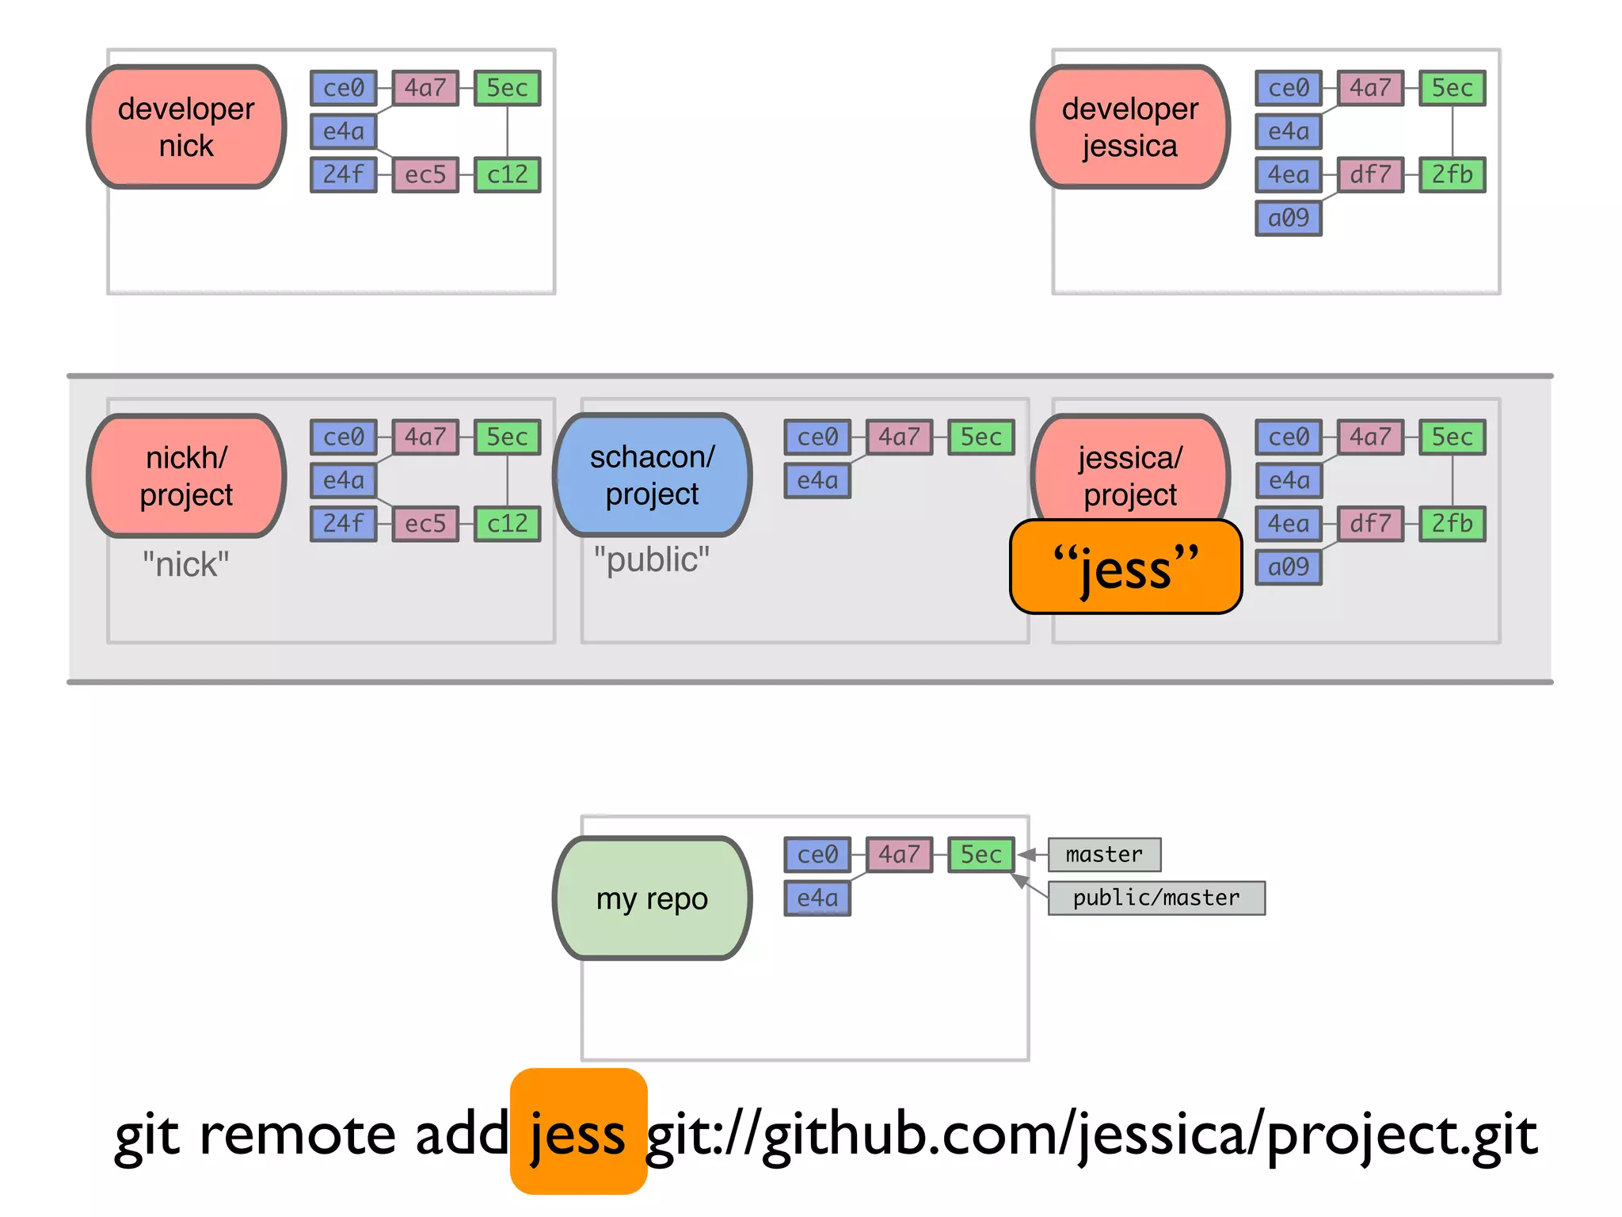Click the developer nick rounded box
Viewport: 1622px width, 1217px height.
[186, 127]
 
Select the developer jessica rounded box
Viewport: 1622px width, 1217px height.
[1130, 127]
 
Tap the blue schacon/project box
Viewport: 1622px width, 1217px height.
[652, 475]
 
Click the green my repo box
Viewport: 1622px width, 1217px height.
[652, 898]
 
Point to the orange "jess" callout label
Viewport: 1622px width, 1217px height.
[1125, 567]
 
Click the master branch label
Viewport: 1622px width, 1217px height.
[1104, 854]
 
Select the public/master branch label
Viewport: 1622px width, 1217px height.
[1156, 898]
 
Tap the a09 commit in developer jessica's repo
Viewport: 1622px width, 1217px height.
[1289, 218]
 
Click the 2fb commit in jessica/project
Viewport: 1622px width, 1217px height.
[1452, 524]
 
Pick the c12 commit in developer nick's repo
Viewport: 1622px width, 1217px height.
[507, 174]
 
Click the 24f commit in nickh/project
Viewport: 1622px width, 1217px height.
[343, 524]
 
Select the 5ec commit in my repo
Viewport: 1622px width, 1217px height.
[981, 854]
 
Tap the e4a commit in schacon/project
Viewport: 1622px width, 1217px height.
[817, 480]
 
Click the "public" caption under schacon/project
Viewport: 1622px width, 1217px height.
[652, 559]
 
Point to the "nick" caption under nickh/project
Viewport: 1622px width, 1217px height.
[186, 564]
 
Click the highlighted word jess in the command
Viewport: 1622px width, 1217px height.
[578, 1133]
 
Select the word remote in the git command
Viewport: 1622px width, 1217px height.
[297, 1133]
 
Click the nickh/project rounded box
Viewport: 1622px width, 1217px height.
[186, 475]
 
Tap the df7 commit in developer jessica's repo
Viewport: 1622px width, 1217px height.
[1370, 174]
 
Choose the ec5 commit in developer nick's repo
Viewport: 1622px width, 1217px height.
[425, 174]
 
